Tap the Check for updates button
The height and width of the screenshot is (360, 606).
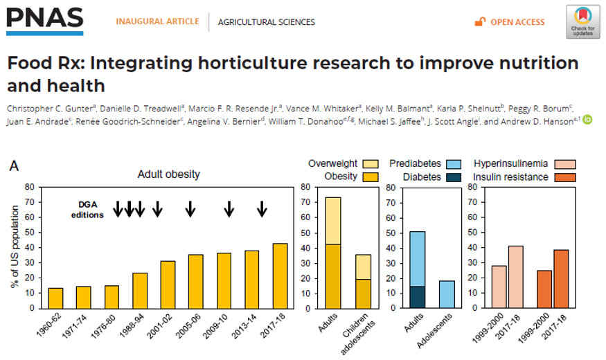tap(582, 21)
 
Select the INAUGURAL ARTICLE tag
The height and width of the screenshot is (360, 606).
tap(158, 21)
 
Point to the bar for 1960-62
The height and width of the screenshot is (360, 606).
tap(55, 298)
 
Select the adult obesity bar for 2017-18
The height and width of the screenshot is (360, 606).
tap(279, 276)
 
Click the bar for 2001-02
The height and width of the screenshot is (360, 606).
tap(168, 284)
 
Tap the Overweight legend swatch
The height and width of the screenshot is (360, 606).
tap(371, 164)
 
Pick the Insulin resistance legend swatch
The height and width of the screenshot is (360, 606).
tap(566, 177)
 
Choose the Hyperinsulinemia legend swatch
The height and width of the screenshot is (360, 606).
tap(566, 164)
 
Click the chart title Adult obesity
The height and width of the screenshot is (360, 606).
tap(168, 174)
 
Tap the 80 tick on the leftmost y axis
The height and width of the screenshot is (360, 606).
tap(30, 187)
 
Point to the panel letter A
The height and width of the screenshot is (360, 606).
tap(13, 166)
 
